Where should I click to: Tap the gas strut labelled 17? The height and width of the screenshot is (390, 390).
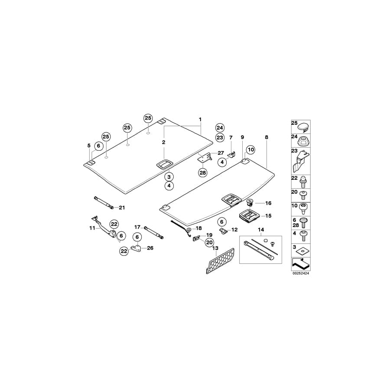(155, 231)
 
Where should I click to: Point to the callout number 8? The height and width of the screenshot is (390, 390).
(266, 137)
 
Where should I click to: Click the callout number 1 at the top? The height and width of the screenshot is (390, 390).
(200, 119)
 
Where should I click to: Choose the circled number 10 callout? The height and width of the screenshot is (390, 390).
(251, 150)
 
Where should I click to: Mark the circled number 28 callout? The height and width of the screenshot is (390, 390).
(203, 172)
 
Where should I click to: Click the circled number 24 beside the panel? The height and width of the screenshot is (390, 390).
(220, 127)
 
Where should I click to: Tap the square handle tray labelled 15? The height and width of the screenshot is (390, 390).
(249, 215)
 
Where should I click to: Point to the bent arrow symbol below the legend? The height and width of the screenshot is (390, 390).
(301, 263)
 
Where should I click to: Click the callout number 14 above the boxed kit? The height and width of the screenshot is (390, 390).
(260, 229)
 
